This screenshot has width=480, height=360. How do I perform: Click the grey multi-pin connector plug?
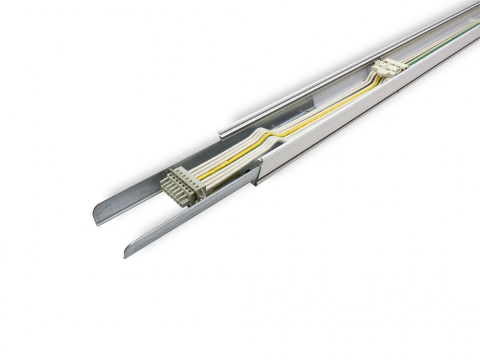[182, 182]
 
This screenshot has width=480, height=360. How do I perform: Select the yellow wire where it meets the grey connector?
[205, 178]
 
